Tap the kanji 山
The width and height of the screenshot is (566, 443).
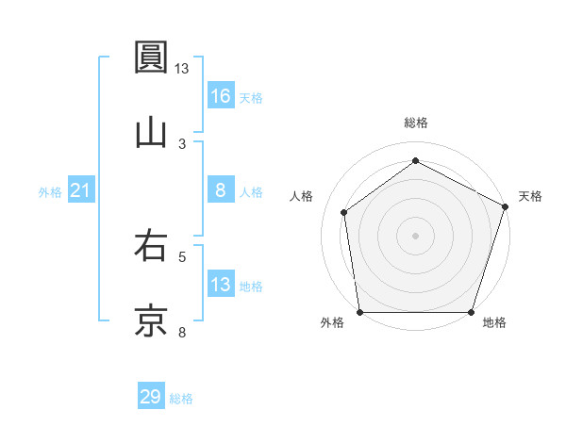(x=152, y=131)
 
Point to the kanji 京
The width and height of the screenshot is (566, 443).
(x=152, y=320)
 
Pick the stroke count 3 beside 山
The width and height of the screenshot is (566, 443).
(x=182, y=143)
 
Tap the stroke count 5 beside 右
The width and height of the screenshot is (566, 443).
(x=182, y=255)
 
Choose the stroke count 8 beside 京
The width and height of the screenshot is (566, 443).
(x=182, y=331)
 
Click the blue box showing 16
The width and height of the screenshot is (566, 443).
(x=221, y=96)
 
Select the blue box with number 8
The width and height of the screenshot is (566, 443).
(x=221, y=190)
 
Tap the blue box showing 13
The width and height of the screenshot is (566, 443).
(x=221, y=285)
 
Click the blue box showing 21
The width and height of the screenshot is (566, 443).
(x=81, y=190)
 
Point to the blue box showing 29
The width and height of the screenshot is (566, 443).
(x=151, y=397)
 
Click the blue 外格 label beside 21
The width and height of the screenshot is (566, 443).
(x=50, y=192)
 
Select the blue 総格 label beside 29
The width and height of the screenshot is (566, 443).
(x=181, y=399)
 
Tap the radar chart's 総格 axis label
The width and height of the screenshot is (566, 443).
(x=415, y=123)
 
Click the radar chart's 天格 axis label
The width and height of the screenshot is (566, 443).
(x=530, y=196)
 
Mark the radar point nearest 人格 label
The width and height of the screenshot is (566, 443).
(x=344, y=212)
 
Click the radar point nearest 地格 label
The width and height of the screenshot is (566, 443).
(x=471, y=312)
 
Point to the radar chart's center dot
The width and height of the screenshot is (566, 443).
(x=415, y=235)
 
